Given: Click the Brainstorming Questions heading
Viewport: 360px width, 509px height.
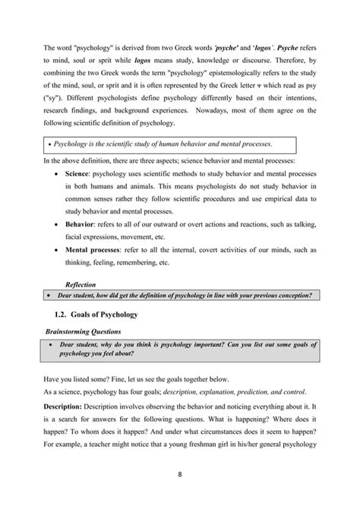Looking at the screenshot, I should coord(84,331).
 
